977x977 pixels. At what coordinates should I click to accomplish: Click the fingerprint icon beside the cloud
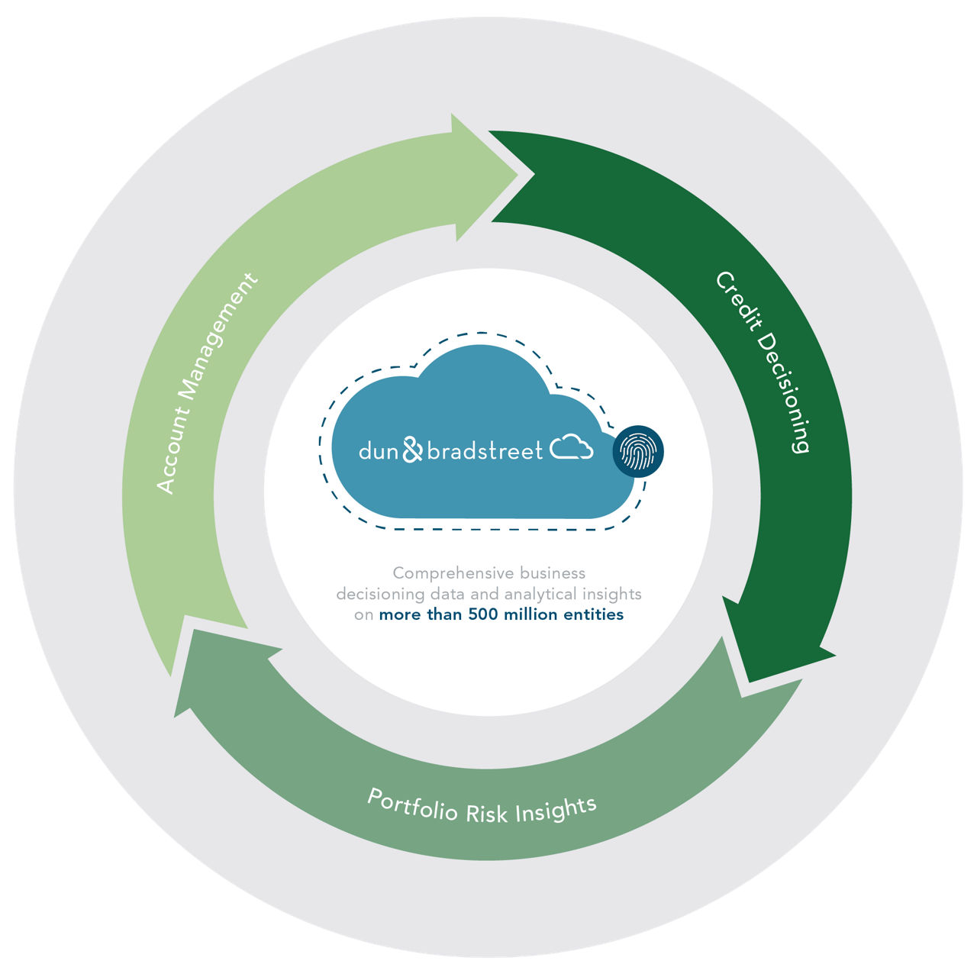coord(638,451)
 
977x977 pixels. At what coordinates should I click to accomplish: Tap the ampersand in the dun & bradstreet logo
coord(412,450)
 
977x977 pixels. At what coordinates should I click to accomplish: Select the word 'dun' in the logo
coord(379,452)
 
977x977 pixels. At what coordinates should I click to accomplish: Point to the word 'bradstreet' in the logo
coord(485,450)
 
